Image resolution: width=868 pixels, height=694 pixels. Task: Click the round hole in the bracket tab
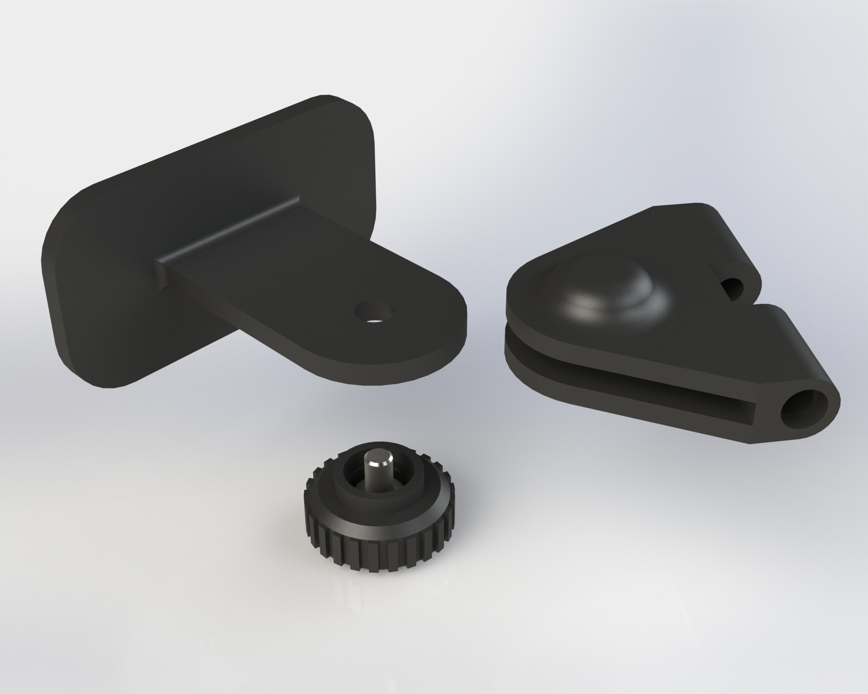click(x=373, y=310)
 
